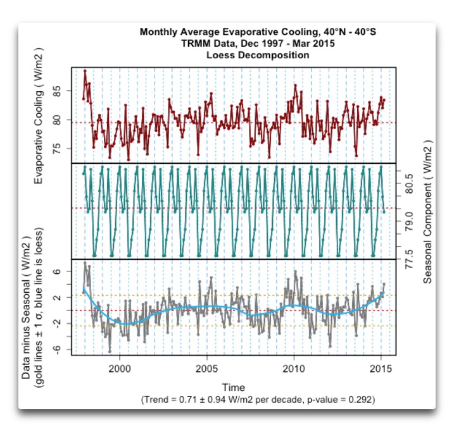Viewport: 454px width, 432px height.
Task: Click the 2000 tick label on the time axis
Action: coord(120,369)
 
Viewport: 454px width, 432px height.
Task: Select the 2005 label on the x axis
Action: coord(206,369)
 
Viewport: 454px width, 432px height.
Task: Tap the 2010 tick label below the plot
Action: coord(294,369)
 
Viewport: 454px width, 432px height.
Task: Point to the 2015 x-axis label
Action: coord(381,369)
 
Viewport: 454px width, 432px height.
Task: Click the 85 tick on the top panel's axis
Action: coord(57,91)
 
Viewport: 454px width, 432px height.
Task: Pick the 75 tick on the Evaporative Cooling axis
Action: coord(57,149)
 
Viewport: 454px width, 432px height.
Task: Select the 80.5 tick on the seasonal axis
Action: coord(409,184)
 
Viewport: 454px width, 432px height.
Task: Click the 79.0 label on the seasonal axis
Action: coord(409,221)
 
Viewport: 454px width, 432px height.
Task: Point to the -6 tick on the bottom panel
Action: coord(57,349)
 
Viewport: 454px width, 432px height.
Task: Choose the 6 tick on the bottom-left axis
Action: coord(57,271)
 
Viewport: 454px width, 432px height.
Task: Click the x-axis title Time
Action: coord(234,388)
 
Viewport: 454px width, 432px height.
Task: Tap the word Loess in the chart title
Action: coord(221,55)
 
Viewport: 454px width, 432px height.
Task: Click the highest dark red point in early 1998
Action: coord(85,71)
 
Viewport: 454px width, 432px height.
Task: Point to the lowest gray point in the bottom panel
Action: coord(110,352)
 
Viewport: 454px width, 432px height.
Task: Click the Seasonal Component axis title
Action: coord(427,212)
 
